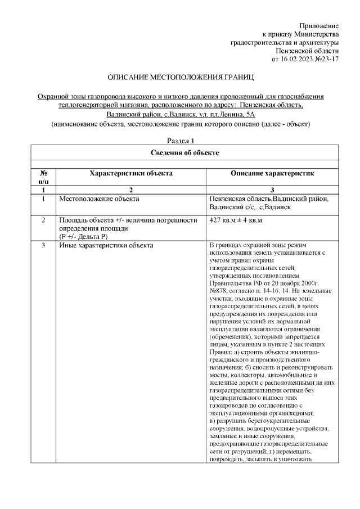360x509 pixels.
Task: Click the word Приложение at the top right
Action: coord(319,26)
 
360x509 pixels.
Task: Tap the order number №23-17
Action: coord(328,58)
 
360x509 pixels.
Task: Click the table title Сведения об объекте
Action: coord(184,152)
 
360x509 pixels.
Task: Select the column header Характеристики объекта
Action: coord(131,174)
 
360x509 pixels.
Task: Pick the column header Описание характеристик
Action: coord(272,174)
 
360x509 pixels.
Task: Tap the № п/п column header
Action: coord(43,178)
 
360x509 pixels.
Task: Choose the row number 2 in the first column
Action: coord(43,220)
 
